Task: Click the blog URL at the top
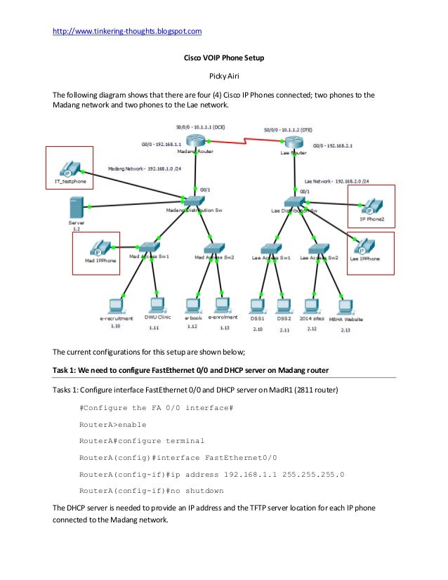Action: [x=127, y=31]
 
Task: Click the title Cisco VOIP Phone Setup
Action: [x=223, y=58]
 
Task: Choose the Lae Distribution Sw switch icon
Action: [x=295, y=202]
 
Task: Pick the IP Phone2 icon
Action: [x=371, y=206]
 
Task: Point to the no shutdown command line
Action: [x=151, y=490]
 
